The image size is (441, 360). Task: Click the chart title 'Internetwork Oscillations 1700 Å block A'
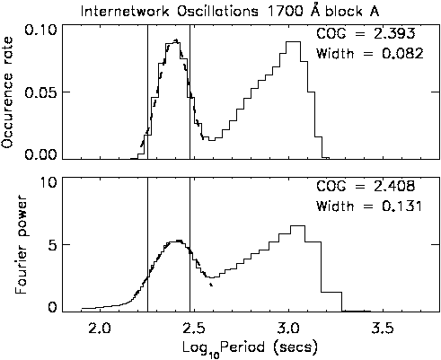[230, 11]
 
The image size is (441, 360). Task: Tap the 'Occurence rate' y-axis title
[7, 92]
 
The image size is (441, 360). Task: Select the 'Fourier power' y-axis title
[21, 244]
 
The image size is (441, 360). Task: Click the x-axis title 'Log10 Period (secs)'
[250, 348]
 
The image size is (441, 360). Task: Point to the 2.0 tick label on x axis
[100, 329]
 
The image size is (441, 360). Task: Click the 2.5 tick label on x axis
[195, 329]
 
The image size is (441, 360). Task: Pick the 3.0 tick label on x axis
[289, 329]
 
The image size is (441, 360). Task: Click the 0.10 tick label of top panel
[40, 30]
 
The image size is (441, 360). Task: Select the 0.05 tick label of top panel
[40, 92]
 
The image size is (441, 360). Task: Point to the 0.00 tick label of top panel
[40, 154]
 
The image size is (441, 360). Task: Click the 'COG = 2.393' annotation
[366, 33]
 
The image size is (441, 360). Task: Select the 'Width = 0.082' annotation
[370, 54]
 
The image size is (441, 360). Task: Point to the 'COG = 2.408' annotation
[366, 186]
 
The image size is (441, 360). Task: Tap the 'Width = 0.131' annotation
[369, 206]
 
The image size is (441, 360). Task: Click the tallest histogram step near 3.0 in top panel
[293, 42]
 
